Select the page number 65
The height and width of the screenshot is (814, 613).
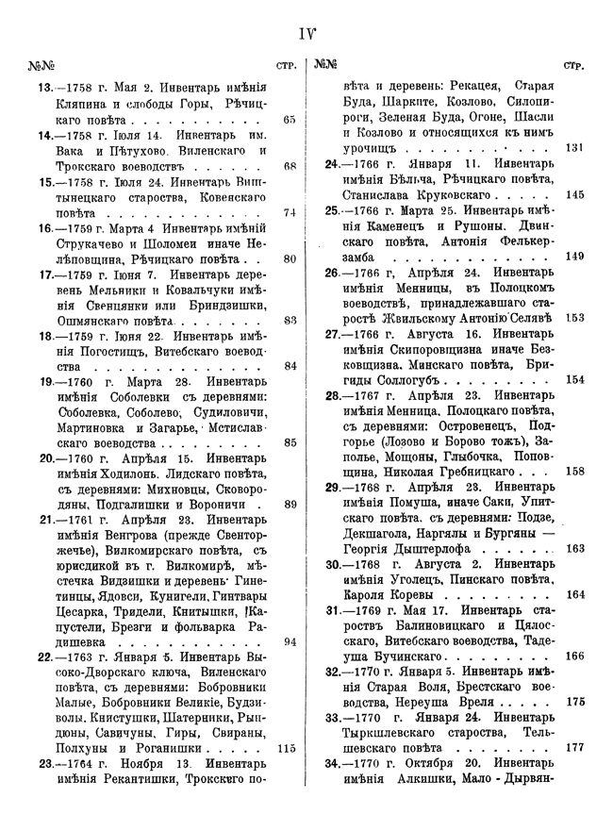tap(289, 121)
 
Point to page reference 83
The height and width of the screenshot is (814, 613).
tap(289, 319)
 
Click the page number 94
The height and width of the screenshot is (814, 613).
tap(289, 641)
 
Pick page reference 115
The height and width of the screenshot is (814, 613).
tap(288, 749)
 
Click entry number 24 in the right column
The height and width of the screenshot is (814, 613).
tap(333, 164)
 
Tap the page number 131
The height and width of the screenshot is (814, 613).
tap(574, 148)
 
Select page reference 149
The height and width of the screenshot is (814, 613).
tap(574, 256)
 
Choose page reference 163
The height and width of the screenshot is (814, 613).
tap(574, 548)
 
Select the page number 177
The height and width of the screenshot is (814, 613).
tap(574, 748)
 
